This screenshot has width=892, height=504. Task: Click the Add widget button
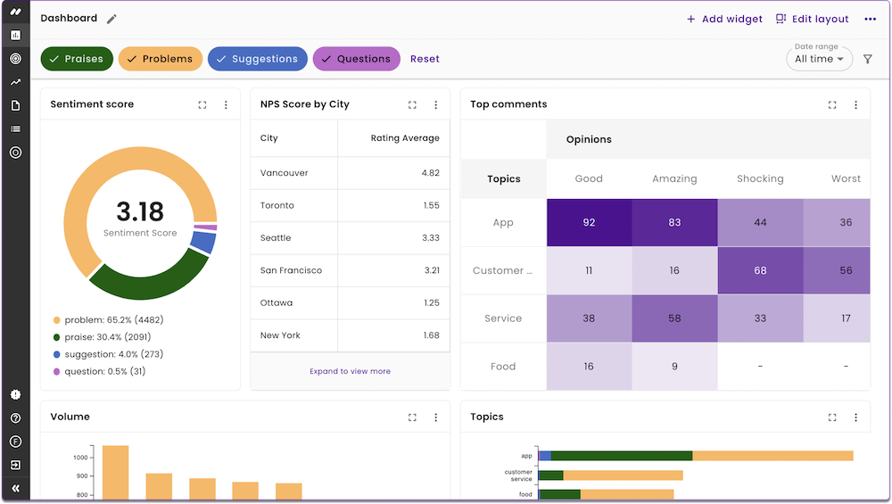(x=724, y=19)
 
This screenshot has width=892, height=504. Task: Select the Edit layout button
(x=812, y=19)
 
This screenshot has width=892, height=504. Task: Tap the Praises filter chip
(x=77, y=59)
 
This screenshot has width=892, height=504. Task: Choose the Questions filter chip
(x=356, y=59)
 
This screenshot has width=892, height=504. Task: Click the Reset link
(x=425, y=59)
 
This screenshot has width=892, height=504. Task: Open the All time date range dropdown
(x=819, y=59)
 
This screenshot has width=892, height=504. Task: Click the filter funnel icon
(x=868, y=59)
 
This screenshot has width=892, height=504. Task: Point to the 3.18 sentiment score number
(x=140, y=212)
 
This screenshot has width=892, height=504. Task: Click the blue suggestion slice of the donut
(x=203, y=242)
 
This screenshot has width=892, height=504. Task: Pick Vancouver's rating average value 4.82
(x=430, y=173)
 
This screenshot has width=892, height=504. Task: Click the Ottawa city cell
(x=277, y=302)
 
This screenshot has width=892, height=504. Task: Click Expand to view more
(x=350, y=371)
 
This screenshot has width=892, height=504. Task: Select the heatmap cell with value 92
(x=589, y=222)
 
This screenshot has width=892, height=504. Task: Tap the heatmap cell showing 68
(x=760, y=270)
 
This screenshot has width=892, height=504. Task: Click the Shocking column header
(x=760, y=178)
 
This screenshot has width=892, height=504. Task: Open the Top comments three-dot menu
(x=855, y=104)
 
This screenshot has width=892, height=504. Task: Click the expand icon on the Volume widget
(x=412, y=417)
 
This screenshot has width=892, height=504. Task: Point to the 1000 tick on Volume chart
(x=81, y=458)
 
